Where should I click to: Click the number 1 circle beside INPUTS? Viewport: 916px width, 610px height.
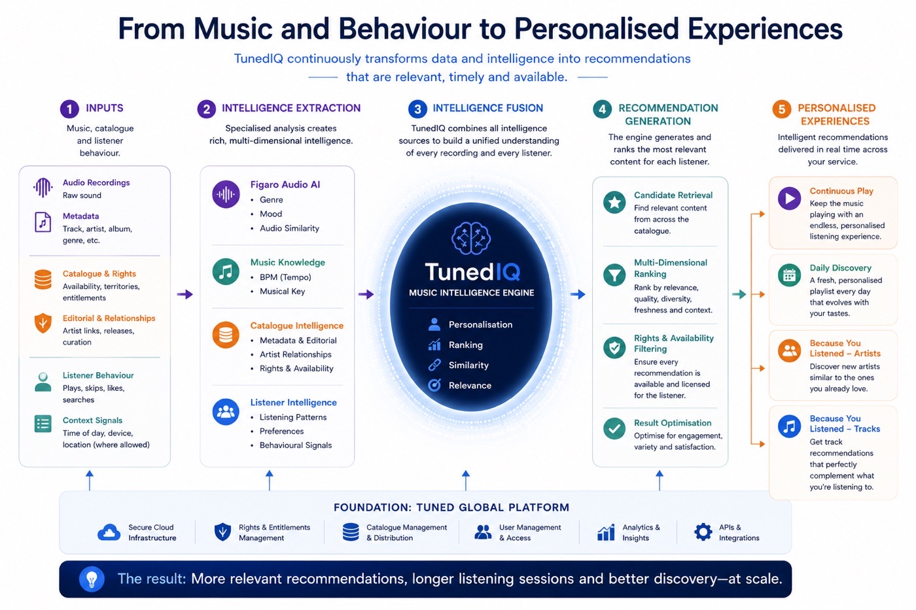69,109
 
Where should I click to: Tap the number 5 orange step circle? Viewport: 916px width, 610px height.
781,109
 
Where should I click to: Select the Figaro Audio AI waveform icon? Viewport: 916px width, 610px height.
226,194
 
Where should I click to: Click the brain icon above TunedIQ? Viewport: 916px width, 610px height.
471,239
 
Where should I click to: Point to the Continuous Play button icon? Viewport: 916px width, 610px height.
789,199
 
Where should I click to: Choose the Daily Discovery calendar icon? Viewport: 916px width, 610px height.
789,276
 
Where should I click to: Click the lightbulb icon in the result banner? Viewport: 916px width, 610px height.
92,579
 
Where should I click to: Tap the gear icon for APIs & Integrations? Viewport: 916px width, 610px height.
703,532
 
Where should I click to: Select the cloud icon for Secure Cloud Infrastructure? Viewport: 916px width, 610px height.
109,532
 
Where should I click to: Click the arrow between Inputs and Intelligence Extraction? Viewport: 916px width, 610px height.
185,294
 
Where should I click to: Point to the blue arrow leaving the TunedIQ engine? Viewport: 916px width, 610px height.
578,294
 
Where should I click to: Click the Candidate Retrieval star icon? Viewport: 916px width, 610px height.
614,202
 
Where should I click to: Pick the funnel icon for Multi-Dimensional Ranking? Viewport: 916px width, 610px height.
614,275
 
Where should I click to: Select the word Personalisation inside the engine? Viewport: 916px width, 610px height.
480,325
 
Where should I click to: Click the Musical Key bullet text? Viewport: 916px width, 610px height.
282,292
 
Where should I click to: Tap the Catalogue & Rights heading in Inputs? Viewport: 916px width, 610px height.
99,274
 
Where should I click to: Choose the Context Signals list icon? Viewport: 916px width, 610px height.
43,424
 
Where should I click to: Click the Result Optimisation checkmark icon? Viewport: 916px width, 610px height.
614,429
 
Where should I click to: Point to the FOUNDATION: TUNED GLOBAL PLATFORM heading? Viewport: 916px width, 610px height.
451,507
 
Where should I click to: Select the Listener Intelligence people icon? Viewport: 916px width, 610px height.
226,412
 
